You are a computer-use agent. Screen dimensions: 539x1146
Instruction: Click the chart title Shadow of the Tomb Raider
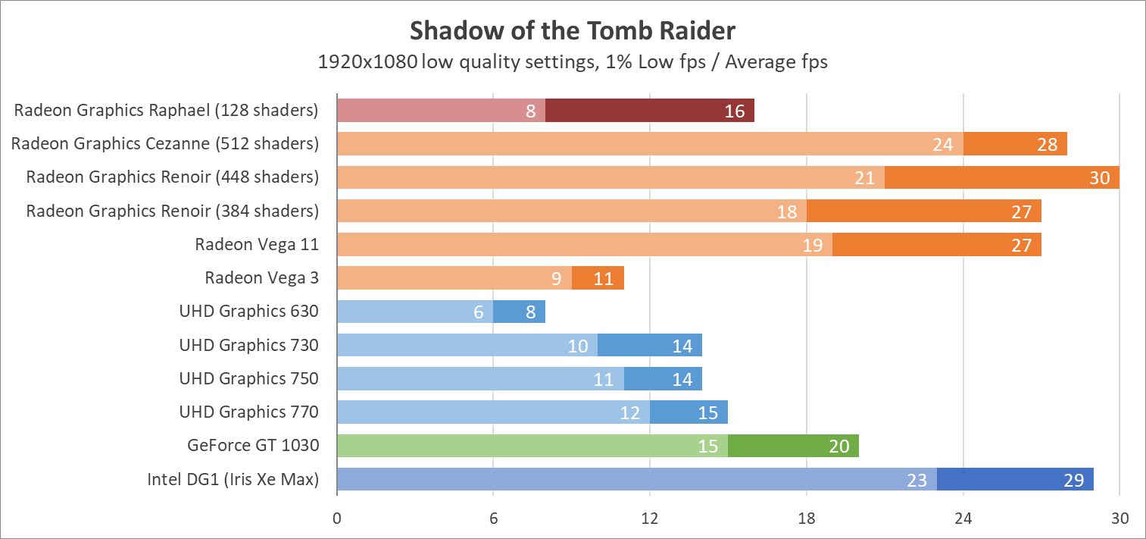click(573, 30)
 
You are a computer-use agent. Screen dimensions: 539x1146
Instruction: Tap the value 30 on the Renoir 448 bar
click(1099, 178)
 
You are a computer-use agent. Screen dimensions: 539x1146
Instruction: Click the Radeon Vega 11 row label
click(256, 244)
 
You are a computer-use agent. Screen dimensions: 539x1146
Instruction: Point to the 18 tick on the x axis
click(807, 519)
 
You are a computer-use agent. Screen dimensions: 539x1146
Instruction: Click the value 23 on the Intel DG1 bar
click(916, 480)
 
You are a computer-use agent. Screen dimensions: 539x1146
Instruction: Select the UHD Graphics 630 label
click(248, 311)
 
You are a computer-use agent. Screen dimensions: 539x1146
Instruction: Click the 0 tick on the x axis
click(337, 519)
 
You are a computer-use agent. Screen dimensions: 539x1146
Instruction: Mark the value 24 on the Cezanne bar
click(942, 145)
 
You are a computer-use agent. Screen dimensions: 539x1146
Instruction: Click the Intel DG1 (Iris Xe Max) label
click(233, 479)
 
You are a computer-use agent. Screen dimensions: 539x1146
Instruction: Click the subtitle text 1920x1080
click(367, 62)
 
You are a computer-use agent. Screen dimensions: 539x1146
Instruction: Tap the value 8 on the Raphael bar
click(531, 111)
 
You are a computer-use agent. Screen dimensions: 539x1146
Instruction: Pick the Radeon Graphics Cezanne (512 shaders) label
click(164, 143)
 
